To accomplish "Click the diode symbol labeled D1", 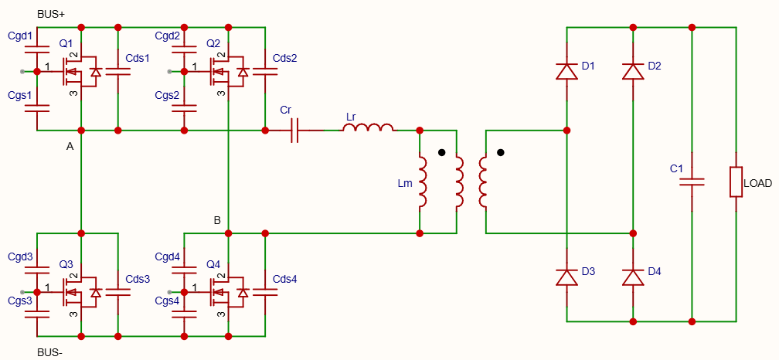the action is [x=567, y=72].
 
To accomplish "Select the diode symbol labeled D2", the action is [x=633, y=72].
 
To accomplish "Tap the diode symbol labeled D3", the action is [x=567, y=277].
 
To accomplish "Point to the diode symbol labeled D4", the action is [x=633, y=277].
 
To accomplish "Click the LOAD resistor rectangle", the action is [x=736, y=182].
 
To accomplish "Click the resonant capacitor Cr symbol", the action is [x=294, y=131].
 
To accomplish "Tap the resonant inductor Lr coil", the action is [x=368, y=128].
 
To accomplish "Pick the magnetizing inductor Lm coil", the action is [x=422, y=182].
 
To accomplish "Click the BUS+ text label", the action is [x=51, y=15].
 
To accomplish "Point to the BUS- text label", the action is [x=49, y=353].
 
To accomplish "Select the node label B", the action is [x=217, y=220].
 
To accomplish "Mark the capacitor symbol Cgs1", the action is [x=37, y=108].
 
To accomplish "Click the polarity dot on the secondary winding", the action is [x=501, y=152].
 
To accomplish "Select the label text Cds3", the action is [x=138, y=279].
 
